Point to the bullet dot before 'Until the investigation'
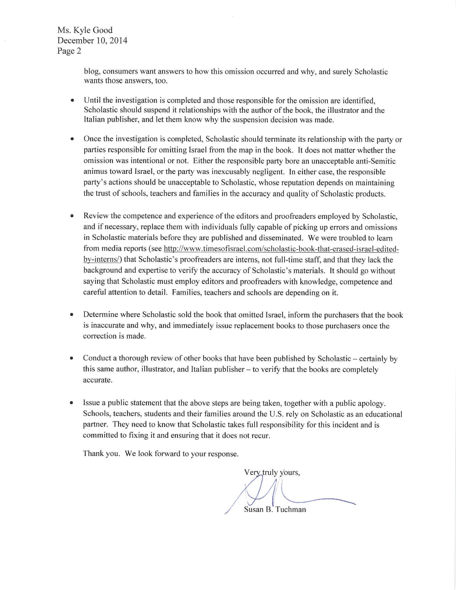click(x=72, y=100)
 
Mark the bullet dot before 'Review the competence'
click(x=72, y=216)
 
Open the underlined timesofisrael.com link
click(x=281, y=249)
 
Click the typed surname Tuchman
click(x=290, y=510)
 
